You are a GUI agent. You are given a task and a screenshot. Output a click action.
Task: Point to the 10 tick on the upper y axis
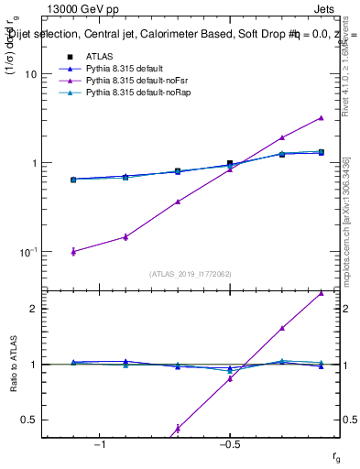(31, 74)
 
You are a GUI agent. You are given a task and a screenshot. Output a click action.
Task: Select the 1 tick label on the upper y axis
(34, 163)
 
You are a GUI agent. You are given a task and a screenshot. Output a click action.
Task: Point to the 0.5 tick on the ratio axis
(29, 420)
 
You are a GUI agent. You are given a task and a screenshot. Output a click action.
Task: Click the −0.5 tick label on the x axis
(229, 444)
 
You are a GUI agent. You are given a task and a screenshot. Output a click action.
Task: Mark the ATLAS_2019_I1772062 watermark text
(191, 273)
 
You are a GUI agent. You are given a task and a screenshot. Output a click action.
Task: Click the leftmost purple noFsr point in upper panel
(73, 251)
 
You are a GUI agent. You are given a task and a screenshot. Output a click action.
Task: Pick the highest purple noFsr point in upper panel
(321, 117)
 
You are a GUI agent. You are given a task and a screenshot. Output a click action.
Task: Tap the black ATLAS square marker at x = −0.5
(230, 164)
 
